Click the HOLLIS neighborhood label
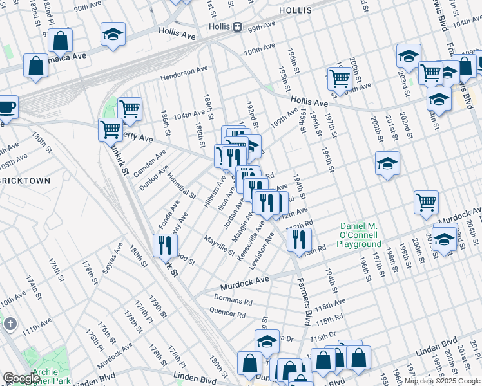coord(295,11)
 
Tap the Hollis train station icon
coord(237,27)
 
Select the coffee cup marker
coord(6,106)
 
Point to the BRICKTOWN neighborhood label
coord(24,181)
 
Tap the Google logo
coord(21,378)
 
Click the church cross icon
coord(10,324)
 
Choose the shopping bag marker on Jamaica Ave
coord(35,66)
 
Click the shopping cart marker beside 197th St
coord(340,78)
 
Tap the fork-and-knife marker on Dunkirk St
coord(165,244)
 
